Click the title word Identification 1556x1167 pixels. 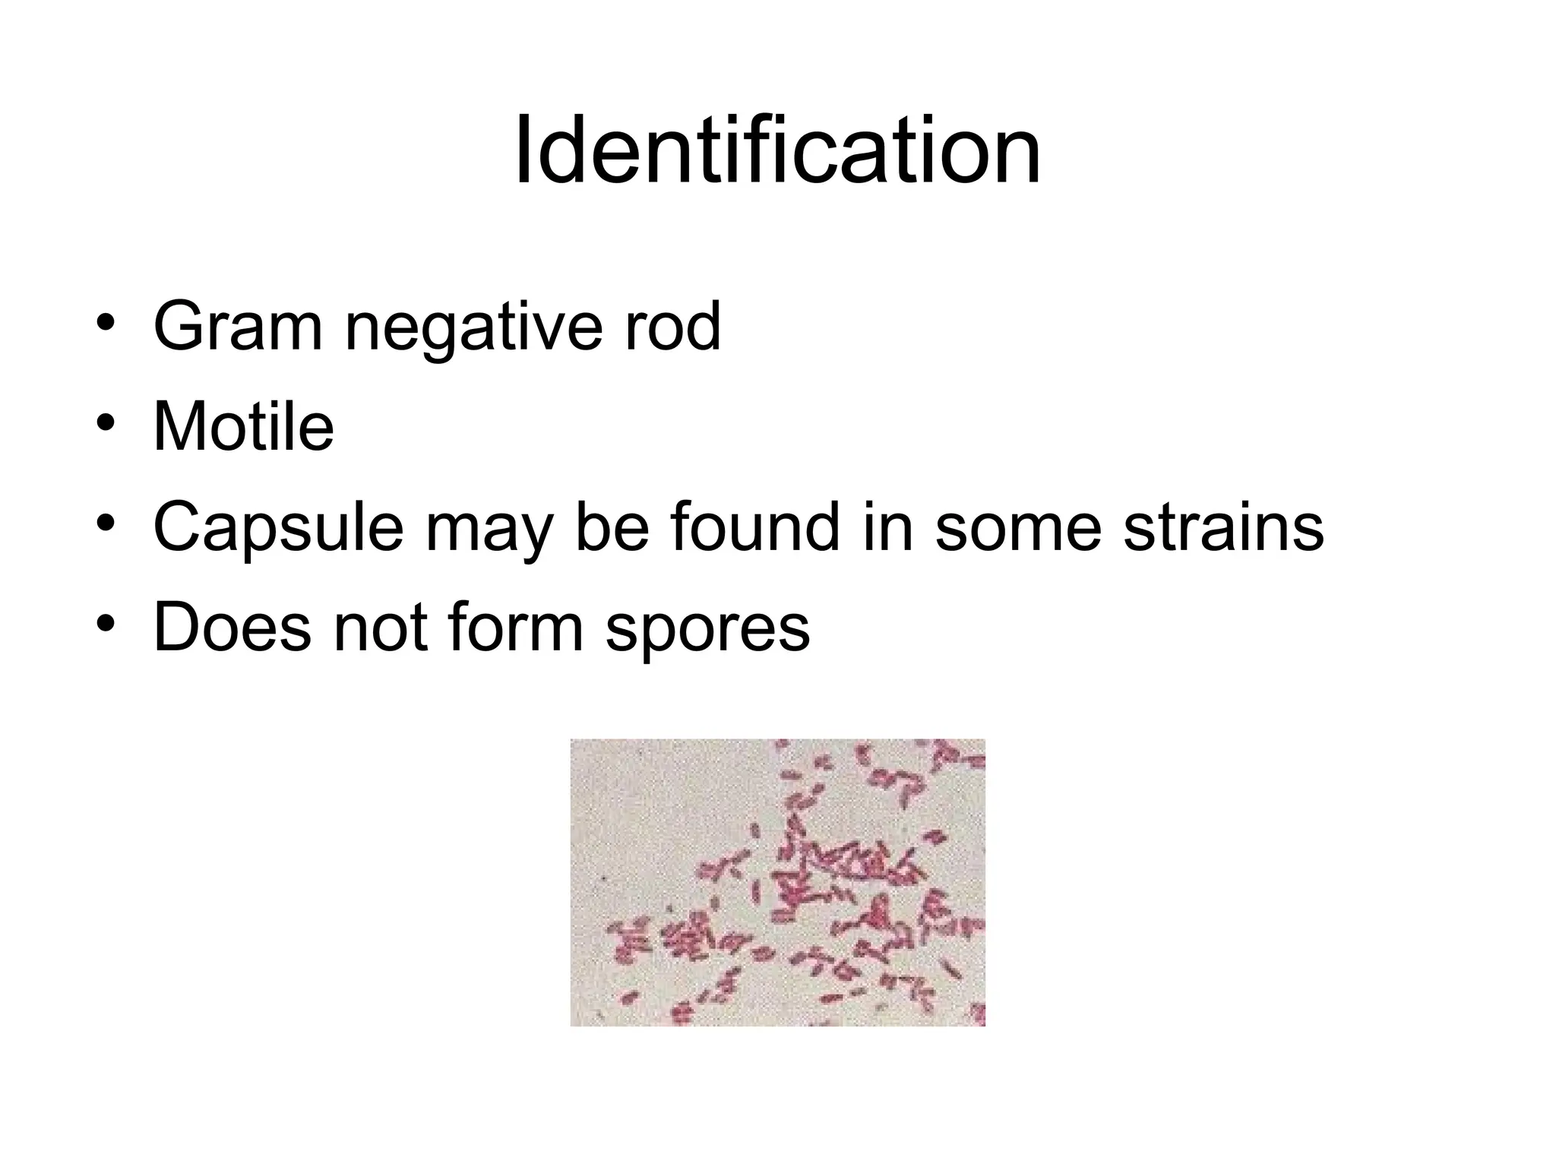tap(777, 151)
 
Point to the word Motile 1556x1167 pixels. tap(243, 427)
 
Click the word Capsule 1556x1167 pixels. tap(278, 528)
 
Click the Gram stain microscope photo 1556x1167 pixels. tap(777, 882)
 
